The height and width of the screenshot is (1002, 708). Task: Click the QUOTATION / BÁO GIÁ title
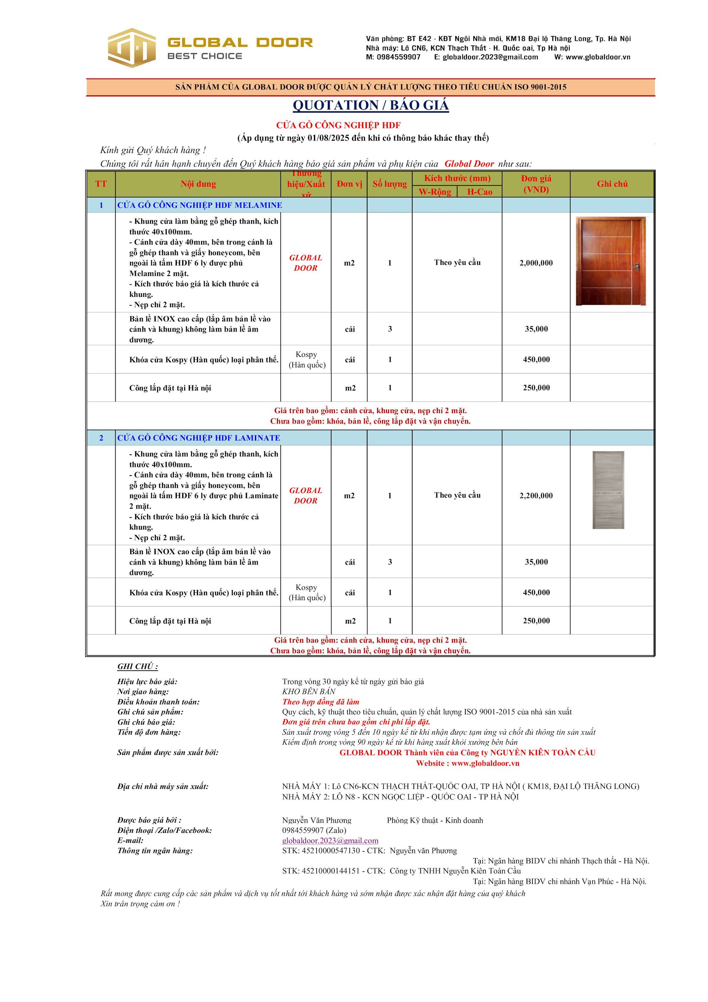pyautogui.click(x=370, y=105)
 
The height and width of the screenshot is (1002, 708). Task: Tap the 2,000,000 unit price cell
pyautogui.click(x=536, y=263)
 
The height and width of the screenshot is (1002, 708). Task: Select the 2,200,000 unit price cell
pyautogui.click(x=536, y=495)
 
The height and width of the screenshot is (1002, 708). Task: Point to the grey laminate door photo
pyautogui.click(x=608, y=490)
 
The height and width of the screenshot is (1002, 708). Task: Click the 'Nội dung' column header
pyautogui.click(x=198, y=184)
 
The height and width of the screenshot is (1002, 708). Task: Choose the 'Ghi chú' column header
pyautogui.click(x=612, y=184)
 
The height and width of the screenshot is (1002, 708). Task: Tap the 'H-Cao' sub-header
pyautogui.click(x=480, y=192)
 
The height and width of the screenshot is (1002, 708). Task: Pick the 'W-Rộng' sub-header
pyautogui.click(x=435, y=192)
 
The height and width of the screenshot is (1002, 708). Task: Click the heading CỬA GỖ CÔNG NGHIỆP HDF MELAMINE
pyautogui.click(x=200, y=205)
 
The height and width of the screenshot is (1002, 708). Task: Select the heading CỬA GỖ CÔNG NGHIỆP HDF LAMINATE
pyautogui.click(x=198, y=438)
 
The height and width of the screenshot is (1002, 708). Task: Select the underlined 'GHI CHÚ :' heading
pyautogui.click(x=138, y=666)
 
